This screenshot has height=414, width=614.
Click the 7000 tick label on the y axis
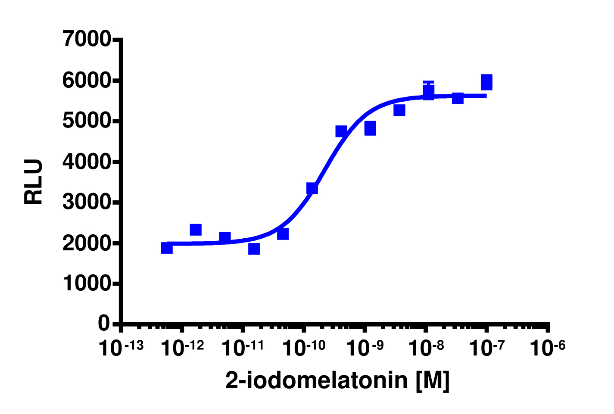point(86,40)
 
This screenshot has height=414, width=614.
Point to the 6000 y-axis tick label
point(86,81)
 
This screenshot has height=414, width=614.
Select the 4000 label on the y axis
point(86,162)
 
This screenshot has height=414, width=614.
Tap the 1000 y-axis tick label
point(86,283)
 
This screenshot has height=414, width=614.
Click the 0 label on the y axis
point(104,323)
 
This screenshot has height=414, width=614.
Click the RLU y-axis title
point(34,181)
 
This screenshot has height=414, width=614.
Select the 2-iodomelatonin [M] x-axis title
point(337,380)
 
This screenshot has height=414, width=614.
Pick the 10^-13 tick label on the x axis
point(121,348)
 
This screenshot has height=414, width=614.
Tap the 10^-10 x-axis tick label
point(303,348)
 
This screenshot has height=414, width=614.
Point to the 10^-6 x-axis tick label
point(547,348)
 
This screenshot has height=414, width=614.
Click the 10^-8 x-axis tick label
point(425,348)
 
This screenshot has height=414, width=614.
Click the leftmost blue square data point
point(167,248)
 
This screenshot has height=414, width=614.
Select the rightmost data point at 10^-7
point(486,82)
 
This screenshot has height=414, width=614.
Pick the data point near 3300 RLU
point(312,188)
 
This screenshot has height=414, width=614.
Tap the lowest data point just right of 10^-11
point(254,249)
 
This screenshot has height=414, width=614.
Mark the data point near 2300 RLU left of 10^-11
point(196,230)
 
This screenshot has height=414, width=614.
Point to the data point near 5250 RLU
point(399,110)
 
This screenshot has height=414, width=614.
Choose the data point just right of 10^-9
point(370,128)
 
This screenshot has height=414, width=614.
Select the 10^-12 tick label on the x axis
point(182,348)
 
